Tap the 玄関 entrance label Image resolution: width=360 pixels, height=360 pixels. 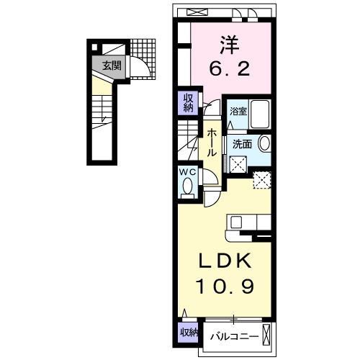tap(111, 66)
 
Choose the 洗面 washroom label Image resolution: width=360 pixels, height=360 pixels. tap(241, 144)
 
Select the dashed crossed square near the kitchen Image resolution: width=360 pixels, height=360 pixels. tap(261, 180)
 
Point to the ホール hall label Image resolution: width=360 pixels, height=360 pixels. tap(214, 143)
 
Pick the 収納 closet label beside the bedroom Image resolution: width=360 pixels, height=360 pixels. tap(188, 103)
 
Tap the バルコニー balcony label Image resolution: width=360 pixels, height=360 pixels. tap(233, 334)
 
